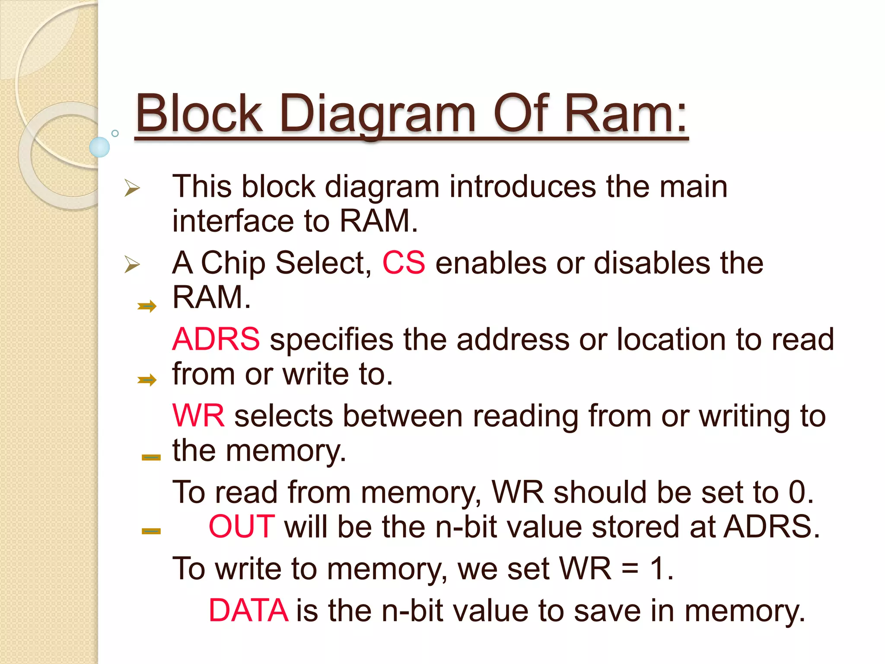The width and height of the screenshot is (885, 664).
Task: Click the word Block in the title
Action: pyautogui.click(x=199, y=114)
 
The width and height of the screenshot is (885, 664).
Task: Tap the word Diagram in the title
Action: pyautogui.click(x=378, y=114)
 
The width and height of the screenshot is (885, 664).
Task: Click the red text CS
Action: pyautogui.click(x=404, y=262)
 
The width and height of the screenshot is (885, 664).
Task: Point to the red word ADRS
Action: pyautogui.click(x=216, y=339)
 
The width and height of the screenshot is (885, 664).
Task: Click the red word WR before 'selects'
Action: pyautogui.click(x=198, y=416)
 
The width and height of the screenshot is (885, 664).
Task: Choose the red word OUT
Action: pyautogui.click(x=242, y=527)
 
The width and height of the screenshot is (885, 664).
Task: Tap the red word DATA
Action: pyautogui.click(x=248, y=610)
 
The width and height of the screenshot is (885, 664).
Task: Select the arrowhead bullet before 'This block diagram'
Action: pyautogui.click(x=132, y=188)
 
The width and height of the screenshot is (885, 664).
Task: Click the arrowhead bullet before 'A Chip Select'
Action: pyautogui.click(x=132, y=264)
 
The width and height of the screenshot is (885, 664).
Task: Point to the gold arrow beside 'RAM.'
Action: pyautogui.click(x=147, y=306)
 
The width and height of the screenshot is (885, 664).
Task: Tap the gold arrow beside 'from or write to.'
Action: pyautogui.click(x=147, y=380)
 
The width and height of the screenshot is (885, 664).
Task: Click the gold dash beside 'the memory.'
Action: pyautogui.click(x=151, y=457)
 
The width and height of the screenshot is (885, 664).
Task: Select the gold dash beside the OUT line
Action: pyautogui.click(x=151, y=531)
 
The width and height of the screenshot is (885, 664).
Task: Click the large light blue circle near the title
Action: pyautogui.click(x=99, y=147)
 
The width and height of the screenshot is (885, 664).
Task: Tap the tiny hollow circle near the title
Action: pyautogui.click(x=115, y=133)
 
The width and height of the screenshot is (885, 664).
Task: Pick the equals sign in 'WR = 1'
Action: pyautogui.click(x=630, y=569)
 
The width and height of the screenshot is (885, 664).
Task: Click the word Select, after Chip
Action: pyautogui.click(x=323, y=262)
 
